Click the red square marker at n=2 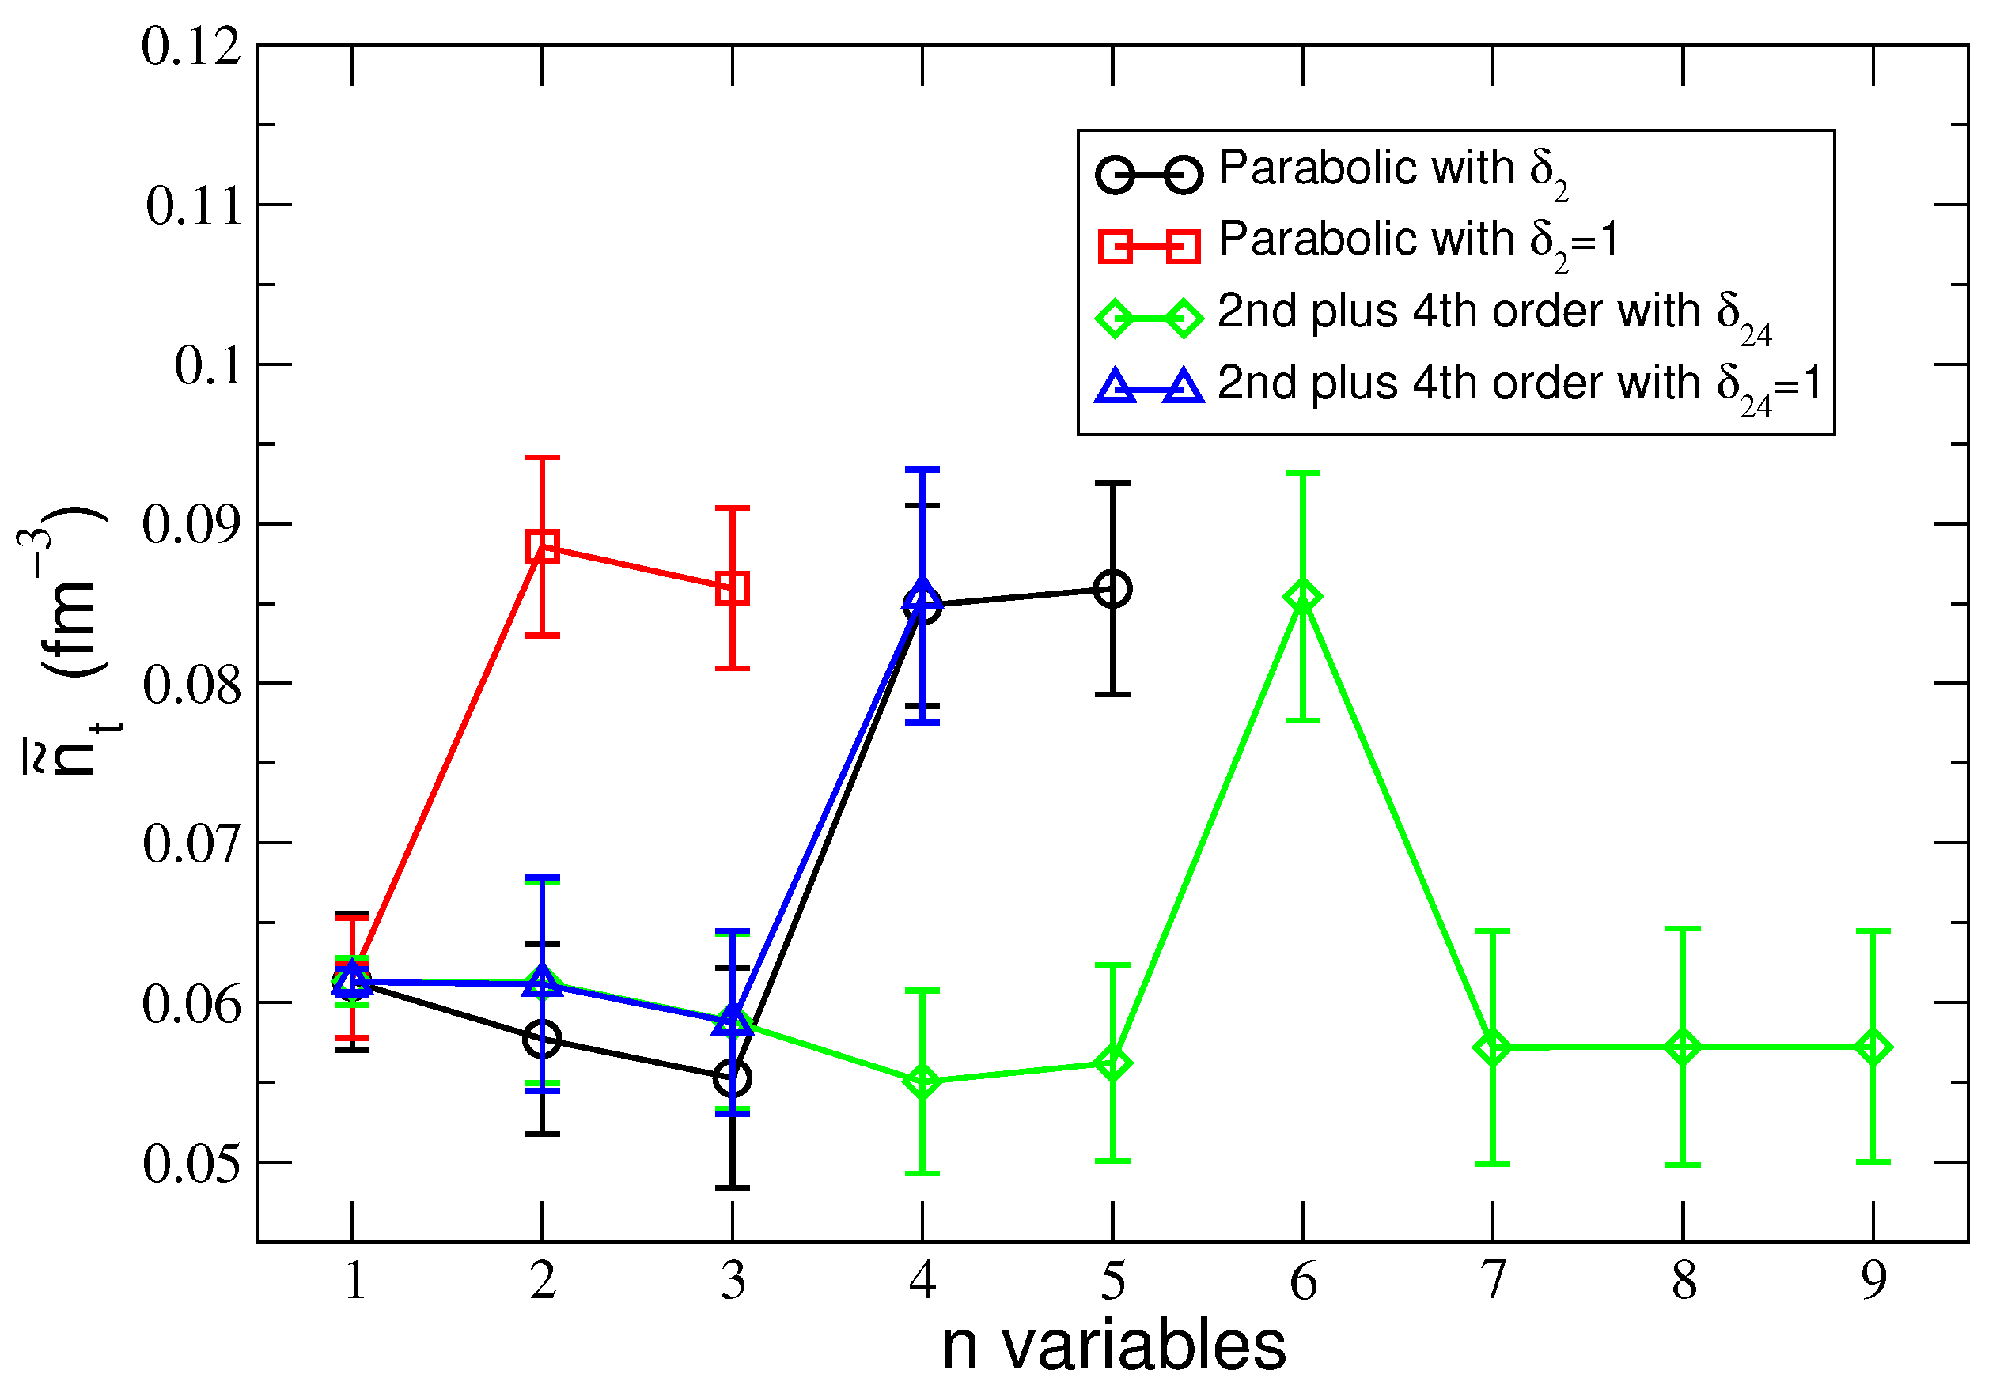tap(542, 546)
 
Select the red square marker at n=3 tap(733, 588)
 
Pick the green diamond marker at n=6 tap(1302, 597)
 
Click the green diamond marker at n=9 tap(1873, 1047)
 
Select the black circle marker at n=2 tap(542, 1039)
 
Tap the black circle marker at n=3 tap(733, 1079)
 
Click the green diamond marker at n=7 tap(1492, 1047)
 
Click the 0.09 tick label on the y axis tap(191, 525)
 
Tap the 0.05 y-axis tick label tap(191, 1164)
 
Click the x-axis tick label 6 tap(1302, 1281)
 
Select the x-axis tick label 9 tap(1873, 1281)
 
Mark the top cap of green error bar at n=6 tap(1302, 473)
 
